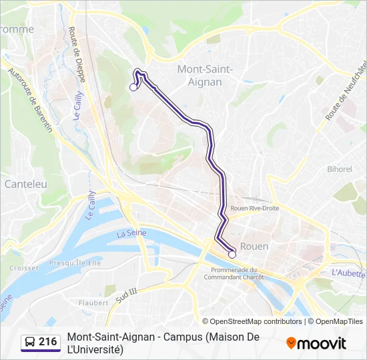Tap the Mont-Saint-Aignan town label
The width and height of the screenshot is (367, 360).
coord(205,75)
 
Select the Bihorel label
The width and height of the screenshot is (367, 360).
coord(339,169)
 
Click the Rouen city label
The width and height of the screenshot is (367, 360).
coord(254,246)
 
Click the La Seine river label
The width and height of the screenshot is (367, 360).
coord(131,233)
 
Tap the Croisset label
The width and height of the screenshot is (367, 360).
coord(24,267)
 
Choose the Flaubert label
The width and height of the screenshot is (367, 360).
coord(93,302)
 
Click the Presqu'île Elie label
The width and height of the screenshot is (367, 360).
coord(74,263)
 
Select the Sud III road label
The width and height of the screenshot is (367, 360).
coord(125,295)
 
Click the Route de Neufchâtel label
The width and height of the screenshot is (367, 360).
coord(346,91)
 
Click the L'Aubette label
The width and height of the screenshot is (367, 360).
coord(348,273)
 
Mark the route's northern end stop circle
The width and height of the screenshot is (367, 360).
coord(133,87)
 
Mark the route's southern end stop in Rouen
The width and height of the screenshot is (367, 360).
coord(232,254)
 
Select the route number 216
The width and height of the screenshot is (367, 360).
coord(47,342)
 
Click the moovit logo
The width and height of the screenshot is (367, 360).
coord(316,343)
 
